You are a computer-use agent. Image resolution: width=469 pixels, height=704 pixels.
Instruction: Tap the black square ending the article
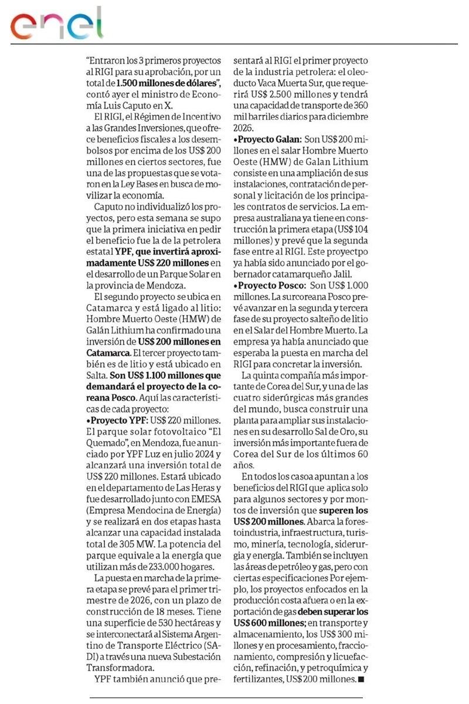click(361, 679)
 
